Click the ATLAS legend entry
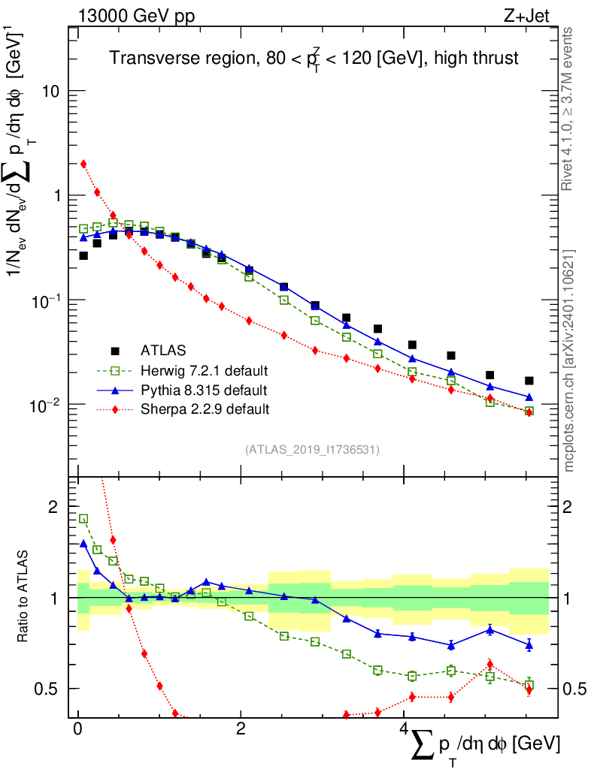click(163, 350)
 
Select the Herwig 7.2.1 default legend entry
click(204, 370)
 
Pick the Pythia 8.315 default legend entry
click(203, 390)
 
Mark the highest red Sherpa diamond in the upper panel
click(83, 164)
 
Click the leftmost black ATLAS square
click(83, 256)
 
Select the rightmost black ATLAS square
click(529, 381)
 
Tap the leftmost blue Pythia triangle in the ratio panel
click(83, 543)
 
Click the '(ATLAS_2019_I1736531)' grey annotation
click(312, 449)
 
